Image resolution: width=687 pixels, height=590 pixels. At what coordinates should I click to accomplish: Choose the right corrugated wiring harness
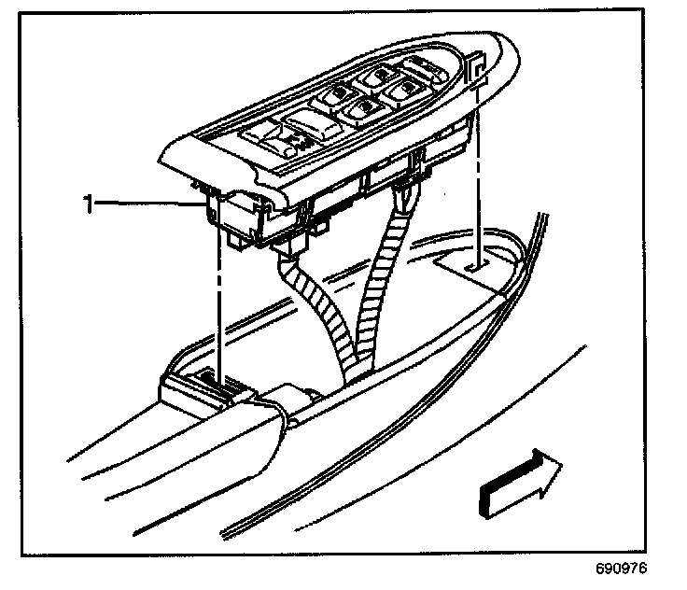[x=381, y=280]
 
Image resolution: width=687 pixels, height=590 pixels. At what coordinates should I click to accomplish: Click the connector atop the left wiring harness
[x=288, y=246]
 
